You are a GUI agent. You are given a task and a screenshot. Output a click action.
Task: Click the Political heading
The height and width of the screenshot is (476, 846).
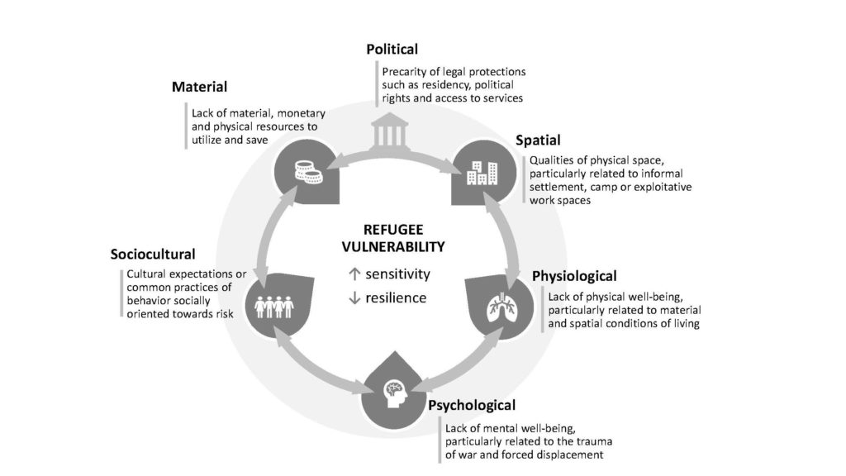[392, 50]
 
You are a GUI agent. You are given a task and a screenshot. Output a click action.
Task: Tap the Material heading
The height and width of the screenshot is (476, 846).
[199, 87]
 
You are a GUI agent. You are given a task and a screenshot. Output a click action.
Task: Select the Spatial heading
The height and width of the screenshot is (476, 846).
[538, 140]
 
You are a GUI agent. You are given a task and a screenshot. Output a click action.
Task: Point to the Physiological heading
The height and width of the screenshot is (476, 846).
[574, 276]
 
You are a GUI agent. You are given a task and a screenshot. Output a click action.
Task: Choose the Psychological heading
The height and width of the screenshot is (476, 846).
[472, 405]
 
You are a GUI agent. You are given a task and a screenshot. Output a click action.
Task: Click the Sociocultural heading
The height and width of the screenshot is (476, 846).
[153, 255]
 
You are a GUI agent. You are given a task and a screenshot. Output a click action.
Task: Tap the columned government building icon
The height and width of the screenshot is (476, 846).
[390, 130]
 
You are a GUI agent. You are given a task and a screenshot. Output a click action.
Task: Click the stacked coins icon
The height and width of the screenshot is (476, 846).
[309, 172]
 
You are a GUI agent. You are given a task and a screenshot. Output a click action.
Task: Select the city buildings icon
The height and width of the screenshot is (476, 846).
[482, 173]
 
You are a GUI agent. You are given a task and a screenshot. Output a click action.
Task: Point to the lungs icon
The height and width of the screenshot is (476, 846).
[502, 307]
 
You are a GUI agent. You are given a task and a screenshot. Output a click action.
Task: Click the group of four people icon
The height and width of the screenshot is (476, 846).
[274, 307]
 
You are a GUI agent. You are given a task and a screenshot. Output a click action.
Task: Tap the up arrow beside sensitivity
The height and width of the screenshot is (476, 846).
[354, 274]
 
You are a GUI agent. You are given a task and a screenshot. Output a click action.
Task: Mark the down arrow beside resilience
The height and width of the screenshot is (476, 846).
[354, 297]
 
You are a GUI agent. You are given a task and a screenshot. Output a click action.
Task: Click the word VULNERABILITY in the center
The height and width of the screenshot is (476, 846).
[393, 247]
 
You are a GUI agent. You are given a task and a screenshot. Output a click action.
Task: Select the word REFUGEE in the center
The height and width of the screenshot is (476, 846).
[393, 230]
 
